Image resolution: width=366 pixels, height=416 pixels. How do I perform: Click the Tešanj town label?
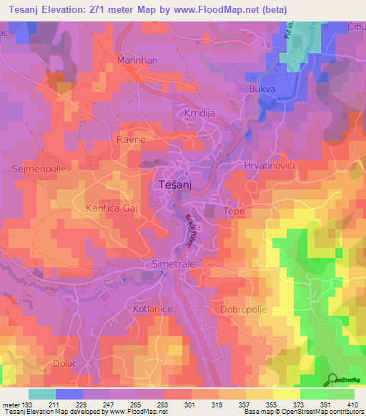pos(172,184)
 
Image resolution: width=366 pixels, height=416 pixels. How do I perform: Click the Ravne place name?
pos(132,140)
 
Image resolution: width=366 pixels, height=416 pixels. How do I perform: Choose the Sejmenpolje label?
pos(35,169)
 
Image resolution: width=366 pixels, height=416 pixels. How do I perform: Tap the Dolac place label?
pos(66,364)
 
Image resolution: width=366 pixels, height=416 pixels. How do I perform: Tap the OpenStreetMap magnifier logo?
pos(332,379)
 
